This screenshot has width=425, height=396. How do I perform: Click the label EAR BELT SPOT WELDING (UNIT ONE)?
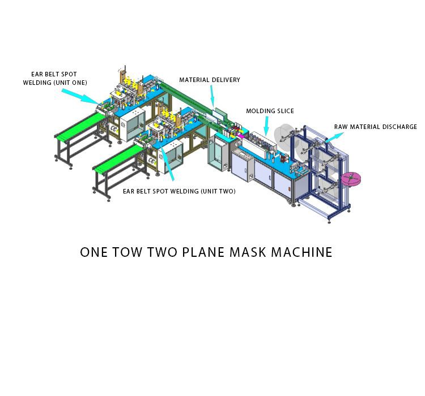54,79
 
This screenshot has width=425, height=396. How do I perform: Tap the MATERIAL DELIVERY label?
210,80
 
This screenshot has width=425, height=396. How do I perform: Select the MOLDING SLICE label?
270,111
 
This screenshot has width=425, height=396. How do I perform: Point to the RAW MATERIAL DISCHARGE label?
375,127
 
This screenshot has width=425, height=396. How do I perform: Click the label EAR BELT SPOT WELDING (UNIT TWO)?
179,191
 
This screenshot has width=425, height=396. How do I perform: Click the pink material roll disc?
351,179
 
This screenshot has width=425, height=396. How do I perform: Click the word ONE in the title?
93,252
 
